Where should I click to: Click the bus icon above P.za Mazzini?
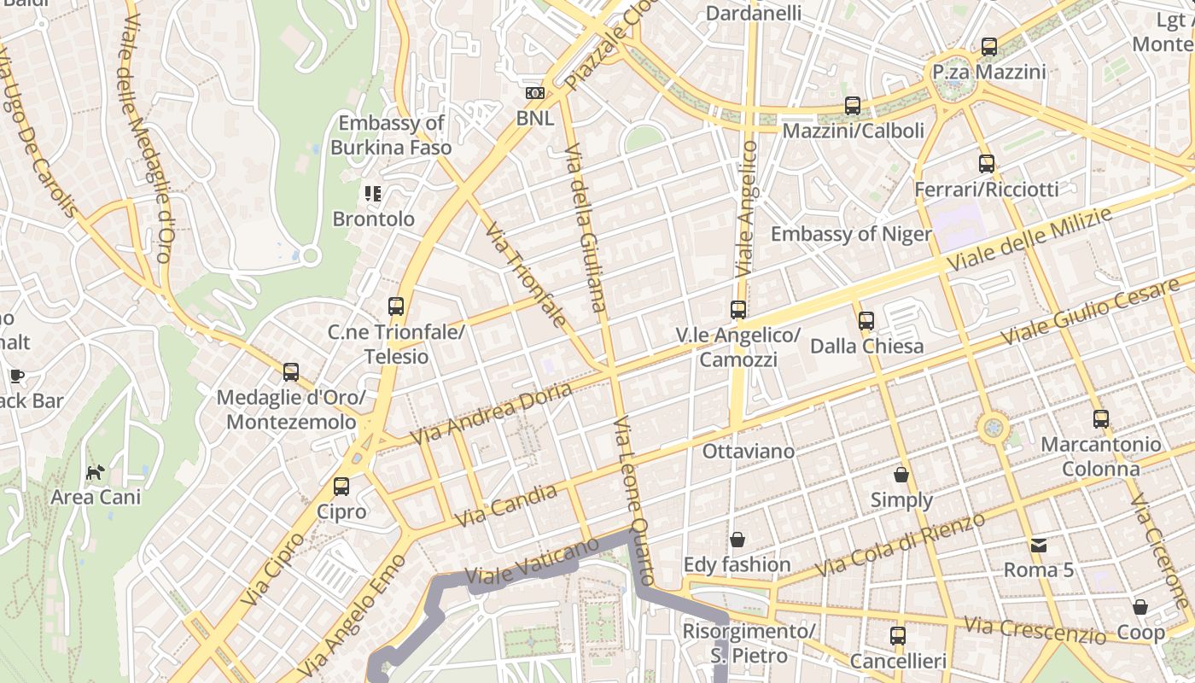coord(989,47)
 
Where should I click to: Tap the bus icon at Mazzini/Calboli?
coord(853,106)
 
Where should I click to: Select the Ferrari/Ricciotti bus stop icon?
coord(987,164)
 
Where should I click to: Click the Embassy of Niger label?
coord(851,234)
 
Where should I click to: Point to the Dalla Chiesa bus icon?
coord(866,321)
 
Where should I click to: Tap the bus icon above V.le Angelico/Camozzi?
coord(738,310)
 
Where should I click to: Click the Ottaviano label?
coord(749,451)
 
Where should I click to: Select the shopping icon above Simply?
coord(901,475)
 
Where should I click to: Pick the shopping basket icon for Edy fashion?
coord(737,540)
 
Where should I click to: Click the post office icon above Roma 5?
coord(1038,545)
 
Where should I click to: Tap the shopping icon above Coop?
coord(1140,607)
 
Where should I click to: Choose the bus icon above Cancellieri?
coord(898,636)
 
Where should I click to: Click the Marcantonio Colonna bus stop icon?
coord(1101,419)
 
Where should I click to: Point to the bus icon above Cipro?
coord(341,487)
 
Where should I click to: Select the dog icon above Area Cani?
coord(96,472)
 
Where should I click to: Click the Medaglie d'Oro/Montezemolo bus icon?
coord(291,372)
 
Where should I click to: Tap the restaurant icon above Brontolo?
coord(373,194)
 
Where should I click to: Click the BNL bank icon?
coord(535,93)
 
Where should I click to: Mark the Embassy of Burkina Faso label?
coord(391,135)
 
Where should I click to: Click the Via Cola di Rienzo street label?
coord(901,545)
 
